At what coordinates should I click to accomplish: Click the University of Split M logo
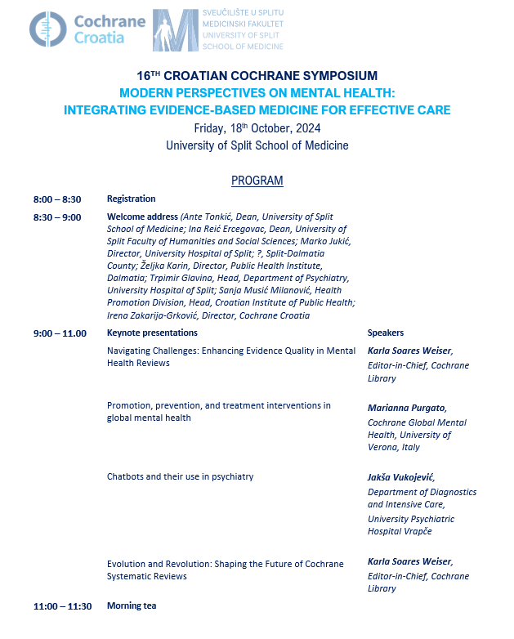175,30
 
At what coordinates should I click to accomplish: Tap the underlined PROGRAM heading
257,181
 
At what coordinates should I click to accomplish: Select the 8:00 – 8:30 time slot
57,199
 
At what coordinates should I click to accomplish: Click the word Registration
131,199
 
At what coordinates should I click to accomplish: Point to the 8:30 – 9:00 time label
57,217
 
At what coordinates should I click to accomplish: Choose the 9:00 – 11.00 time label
60,333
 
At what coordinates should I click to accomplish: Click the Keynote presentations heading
152,333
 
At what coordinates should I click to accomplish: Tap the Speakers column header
386,333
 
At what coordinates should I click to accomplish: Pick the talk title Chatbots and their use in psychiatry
180,476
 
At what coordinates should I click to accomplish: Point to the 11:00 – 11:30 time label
62,606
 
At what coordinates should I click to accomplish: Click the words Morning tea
131,606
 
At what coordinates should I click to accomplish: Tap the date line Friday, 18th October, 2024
257,128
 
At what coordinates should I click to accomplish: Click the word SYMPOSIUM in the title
334,76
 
